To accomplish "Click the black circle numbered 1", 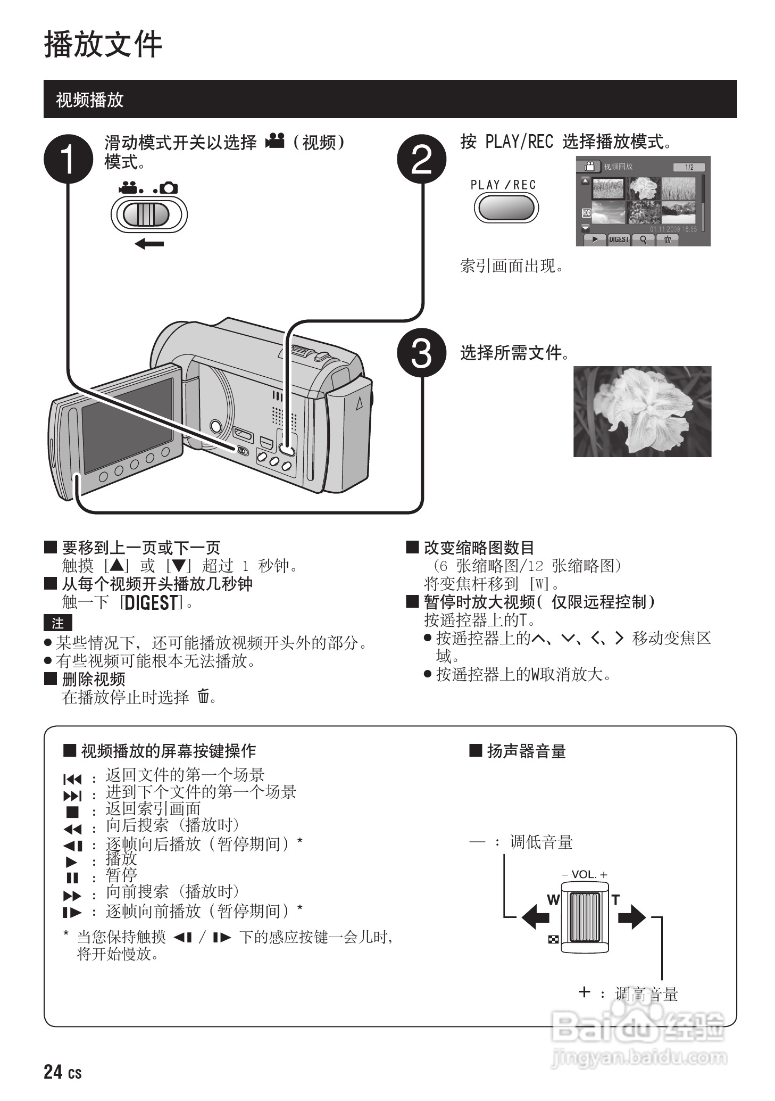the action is (68, 159).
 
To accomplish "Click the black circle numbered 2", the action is (422, 159).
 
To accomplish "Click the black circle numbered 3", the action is (422, 353).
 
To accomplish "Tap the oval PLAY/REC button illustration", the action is (506, 208).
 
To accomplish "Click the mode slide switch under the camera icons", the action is (149, 214).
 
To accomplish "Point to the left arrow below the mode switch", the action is (149, 244).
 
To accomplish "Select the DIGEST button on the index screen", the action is (619, 239).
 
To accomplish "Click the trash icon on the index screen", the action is (667, 239).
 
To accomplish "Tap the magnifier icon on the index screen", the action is (643, 239).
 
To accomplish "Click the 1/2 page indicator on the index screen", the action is (689, 167).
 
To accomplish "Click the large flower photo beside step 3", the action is (642, 411).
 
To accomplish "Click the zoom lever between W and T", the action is (585, 916).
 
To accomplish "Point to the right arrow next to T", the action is (632, 916).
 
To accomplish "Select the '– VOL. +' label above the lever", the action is (585, 874).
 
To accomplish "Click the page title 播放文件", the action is (103, 44).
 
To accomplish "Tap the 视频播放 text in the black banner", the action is (89, 100).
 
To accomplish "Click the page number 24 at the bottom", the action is (53, 1072).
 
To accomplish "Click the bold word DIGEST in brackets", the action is (152, 602).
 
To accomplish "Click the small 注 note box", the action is (57, 623).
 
